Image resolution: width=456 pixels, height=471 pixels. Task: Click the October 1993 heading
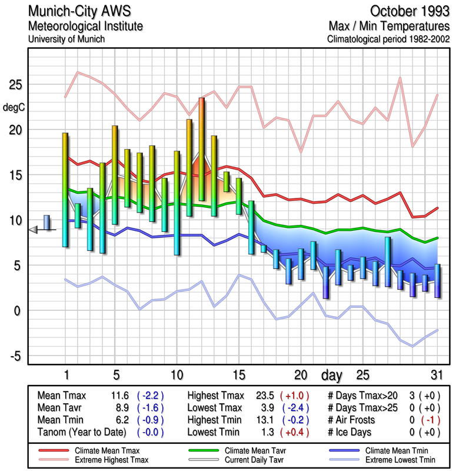pos(410,11)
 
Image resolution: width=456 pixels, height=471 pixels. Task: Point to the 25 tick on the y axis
pos(15,85)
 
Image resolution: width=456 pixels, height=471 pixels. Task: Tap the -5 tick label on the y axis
pos(15,356)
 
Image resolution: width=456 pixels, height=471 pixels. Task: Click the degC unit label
pos(14,107)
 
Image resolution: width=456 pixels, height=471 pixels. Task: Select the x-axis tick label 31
pos(436,374)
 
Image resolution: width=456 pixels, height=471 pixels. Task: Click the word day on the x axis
pos(332,374)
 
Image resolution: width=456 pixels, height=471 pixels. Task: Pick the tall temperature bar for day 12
pos(201,149)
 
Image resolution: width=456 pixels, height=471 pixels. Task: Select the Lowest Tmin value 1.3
pos(265,432)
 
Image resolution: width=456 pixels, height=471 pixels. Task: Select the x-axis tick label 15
pos(238,374)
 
